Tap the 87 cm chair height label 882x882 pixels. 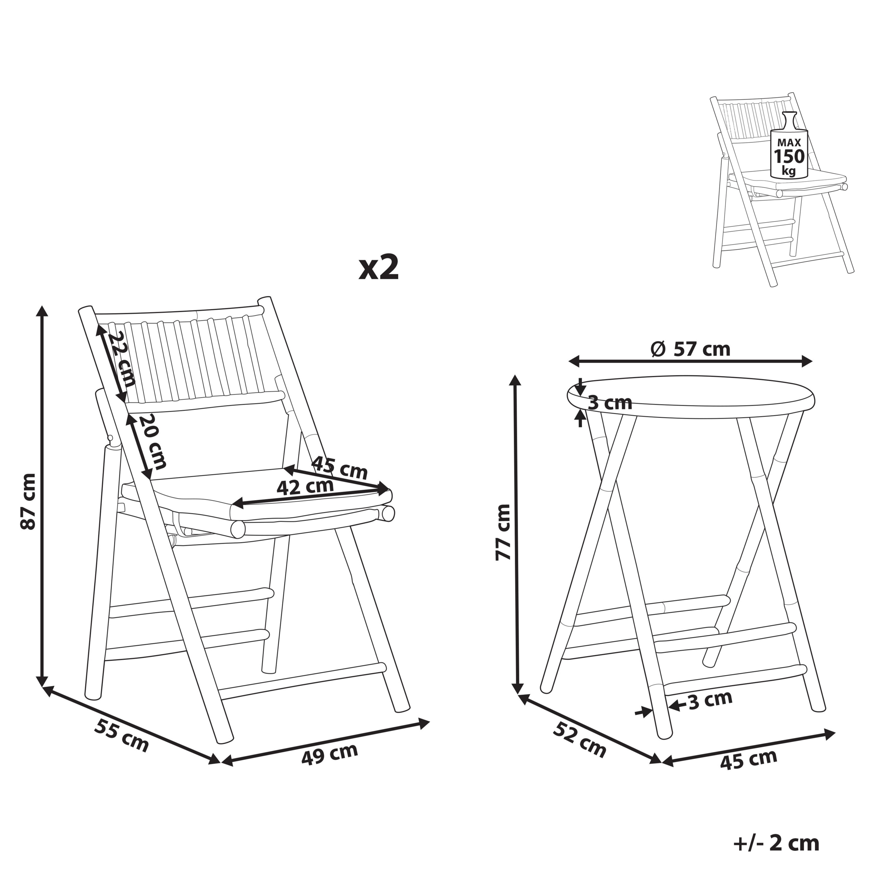pyautogui.click(x=28, y=501)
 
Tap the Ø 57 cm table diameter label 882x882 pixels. pyautogui.click(x=690, y=349)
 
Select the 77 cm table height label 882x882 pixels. pyautogui.click(x=503, y=532)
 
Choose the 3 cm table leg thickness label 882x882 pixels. pyautogui.click(x=710, y=700)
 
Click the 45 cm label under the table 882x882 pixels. pyautogui.click(x=749, y=759)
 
